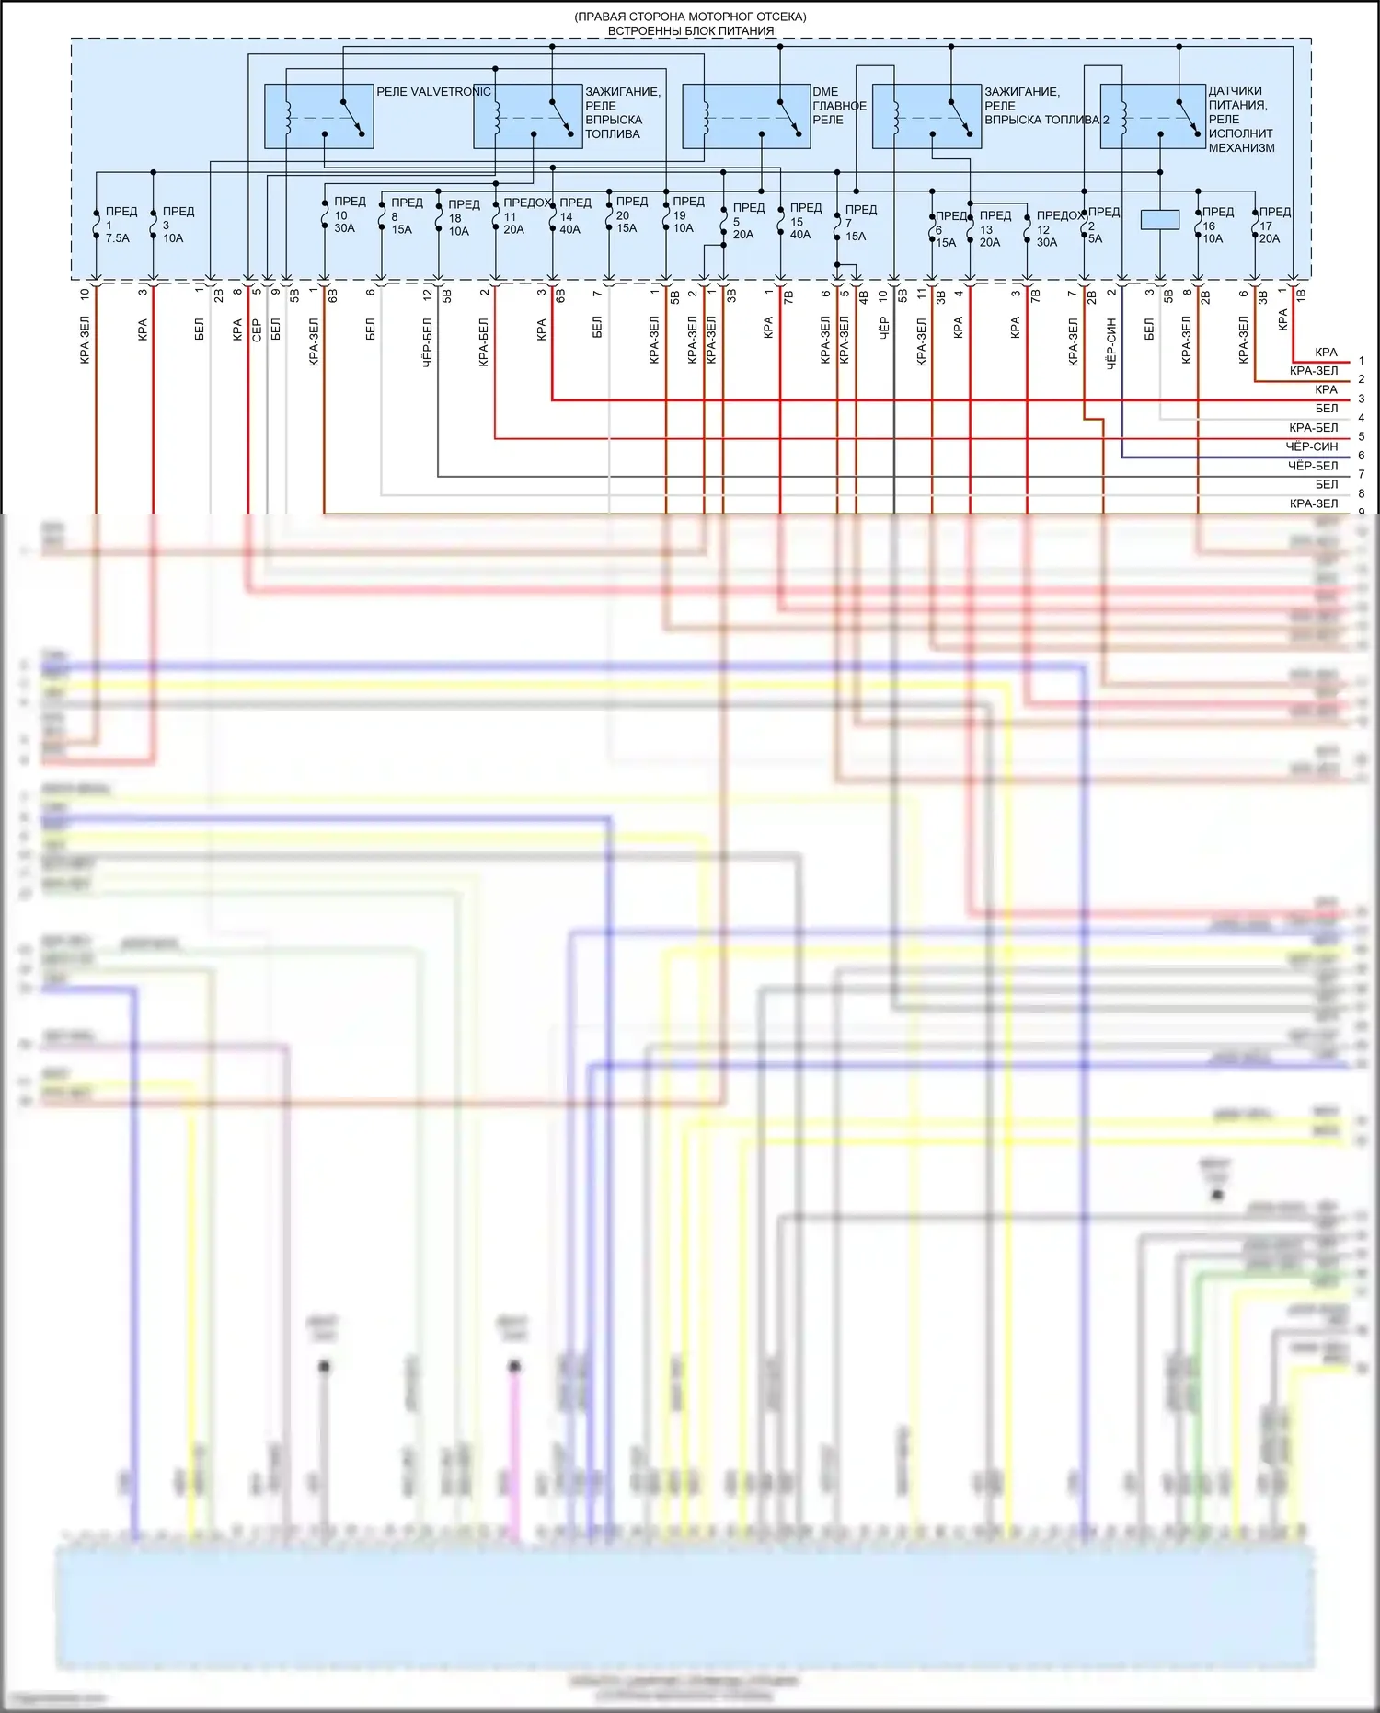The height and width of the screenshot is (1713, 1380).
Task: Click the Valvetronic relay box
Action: (318, 116)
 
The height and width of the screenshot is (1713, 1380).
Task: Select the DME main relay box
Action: (745, 116)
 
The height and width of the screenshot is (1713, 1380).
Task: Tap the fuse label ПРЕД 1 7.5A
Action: (120, 225)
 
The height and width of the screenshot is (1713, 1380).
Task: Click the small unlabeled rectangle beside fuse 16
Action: (1159, 219)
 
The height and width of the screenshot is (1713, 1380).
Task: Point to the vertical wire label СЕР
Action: (257, 330)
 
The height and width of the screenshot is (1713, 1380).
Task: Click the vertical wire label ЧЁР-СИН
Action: (1111, 343)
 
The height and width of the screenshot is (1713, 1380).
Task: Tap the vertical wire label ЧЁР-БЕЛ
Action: (427, 342)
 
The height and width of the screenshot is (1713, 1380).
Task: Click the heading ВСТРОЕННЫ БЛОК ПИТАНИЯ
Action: (690, 30)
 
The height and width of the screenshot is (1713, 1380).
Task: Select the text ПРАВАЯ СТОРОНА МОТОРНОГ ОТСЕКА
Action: (690, 17)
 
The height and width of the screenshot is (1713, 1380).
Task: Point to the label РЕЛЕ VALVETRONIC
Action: (432, 92)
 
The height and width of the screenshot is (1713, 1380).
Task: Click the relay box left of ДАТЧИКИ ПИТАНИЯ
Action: (1152, 116)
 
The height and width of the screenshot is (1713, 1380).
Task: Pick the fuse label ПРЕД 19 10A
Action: (686, 214)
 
